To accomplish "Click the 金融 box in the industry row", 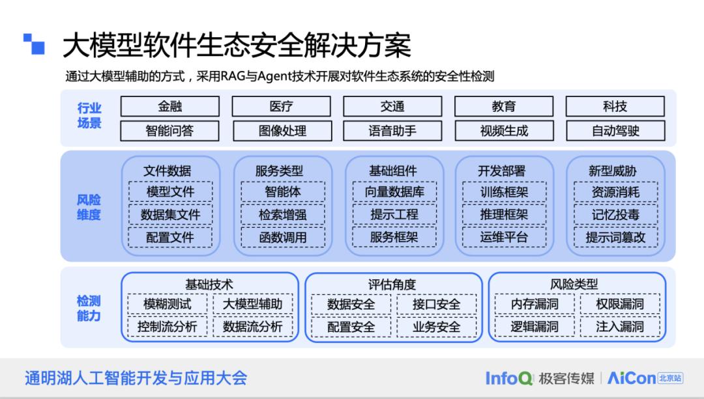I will pyautogui.click(x=170, y=106).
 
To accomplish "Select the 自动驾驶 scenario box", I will pyautogui.click(x=615, y=130).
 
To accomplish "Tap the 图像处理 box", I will pyautogui.click(x=282, y=130).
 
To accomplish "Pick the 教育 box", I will pyautogui.click(x=503, y=106).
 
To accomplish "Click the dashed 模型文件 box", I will pyautogui.click(x=170, y=192).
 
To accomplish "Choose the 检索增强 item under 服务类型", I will pyautogui.click(x=282, y=214).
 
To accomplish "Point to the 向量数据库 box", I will pyautogui.click(x=394, y=192).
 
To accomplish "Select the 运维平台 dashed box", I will pyautogui.click(x=504, y=237).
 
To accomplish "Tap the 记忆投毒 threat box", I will pyautogui.click(x=615, y=214).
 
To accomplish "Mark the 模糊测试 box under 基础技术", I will pyautogui.click(x=168, y=304).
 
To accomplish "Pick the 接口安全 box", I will pyautogui.click(x=436, y=304).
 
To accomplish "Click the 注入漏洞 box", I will pyautogui.click(x=619, y=326).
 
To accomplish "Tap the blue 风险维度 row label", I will pyautogui.click(x=89, y=207).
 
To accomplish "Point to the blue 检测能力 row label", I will pyautogui.click(x=89, y=309).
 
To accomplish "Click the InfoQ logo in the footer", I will pyautogui.click(x=508, y=378).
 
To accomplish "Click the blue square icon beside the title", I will pyautogui.click(x=34, y=44).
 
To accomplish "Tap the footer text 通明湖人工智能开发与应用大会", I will pyautogui.click(x=136, y=378).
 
